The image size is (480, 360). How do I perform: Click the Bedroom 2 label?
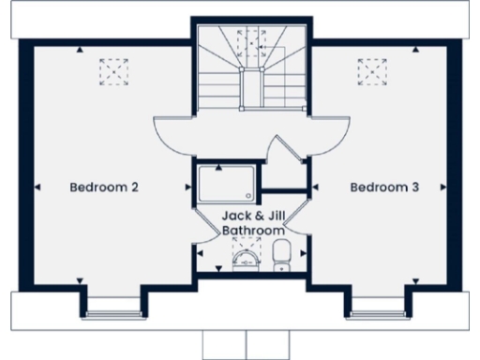[x=104, y=187]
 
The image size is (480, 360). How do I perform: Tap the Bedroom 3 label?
[x=384, y=187]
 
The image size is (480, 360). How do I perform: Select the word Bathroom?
[x=252, y=230]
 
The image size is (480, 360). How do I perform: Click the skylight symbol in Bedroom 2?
[x=113, y=71]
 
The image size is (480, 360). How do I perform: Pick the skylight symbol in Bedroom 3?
[x=372, y=71]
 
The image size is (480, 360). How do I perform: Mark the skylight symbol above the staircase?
[x=251, y=43]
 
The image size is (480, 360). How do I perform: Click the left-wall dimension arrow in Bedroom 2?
[x=37, y=187]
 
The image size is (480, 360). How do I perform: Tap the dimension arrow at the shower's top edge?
[x=217, y=167]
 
